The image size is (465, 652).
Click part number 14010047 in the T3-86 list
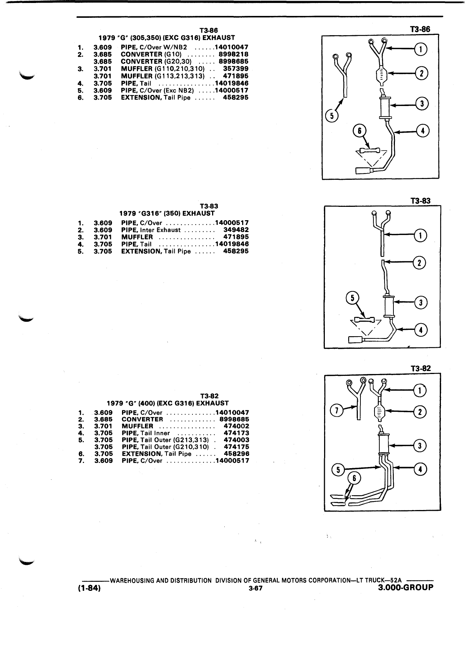pos(231,47)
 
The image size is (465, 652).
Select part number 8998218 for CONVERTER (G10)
pos(234,54)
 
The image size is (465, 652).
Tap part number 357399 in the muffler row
pos(236,69)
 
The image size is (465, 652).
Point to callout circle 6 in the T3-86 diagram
pos(359,130)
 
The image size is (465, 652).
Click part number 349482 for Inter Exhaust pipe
pos(236,230)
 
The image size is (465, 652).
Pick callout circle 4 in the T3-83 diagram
pos(421,330)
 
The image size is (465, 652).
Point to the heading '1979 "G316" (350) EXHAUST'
pos(167,214)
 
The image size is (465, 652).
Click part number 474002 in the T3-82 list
pos(237,426)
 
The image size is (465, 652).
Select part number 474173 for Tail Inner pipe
pos(237,433)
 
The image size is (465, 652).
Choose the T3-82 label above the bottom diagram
pos(421,368)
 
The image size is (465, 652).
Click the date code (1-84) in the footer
pos(89,589)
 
